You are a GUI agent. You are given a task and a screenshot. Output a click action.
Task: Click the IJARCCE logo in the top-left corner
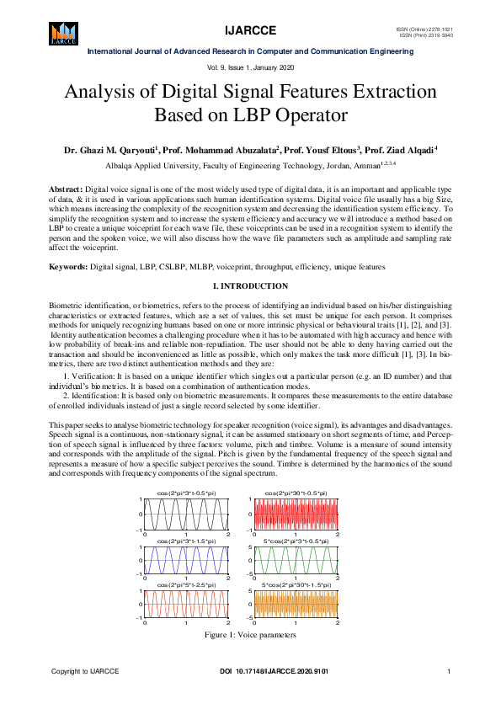(x=64, y=31)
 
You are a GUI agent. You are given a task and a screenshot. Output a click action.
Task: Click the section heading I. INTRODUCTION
(x=250, y=286)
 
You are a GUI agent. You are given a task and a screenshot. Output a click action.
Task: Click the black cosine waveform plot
(x=187, y=514)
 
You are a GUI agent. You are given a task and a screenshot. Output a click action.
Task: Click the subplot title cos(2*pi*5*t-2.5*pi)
(x=187, y=584)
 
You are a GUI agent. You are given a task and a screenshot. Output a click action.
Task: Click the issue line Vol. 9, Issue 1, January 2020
(x=250, y=67)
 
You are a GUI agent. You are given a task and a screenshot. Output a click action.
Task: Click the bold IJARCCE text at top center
(x=250, y=31)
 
